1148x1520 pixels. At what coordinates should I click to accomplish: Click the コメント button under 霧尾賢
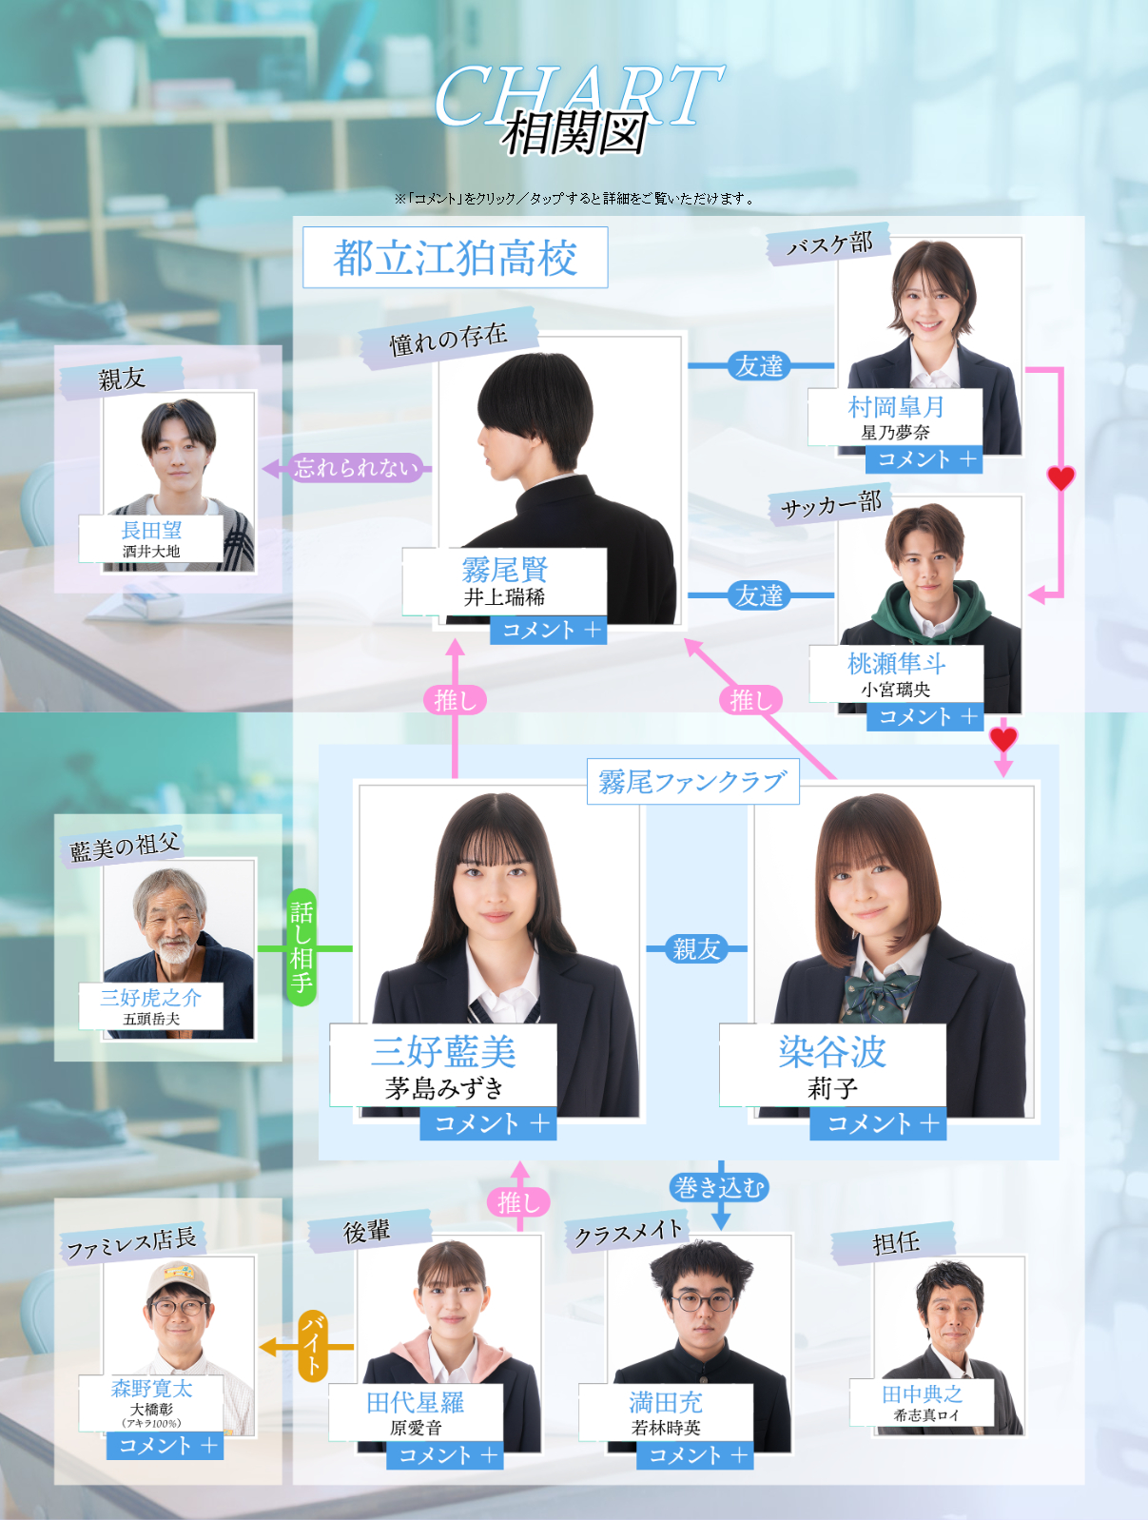coord(548,630)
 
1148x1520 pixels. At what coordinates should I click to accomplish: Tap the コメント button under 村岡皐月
coord(924,459)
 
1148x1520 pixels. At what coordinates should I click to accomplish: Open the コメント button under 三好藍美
coord(488,1123)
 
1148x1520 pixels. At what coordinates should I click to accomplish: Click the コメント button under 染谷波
coord(878,1123)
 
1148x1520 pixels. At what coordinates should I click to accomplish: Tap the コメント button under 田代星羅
coord(444,1455)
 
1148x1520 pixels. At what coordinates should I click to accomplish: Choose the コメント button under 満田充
coord(694,1455)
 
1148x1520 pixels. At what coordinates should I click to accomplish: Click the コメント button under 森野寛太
coord(165,1446)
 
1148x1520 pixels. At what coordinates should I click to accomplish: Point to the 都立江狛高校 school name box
coord(455,258)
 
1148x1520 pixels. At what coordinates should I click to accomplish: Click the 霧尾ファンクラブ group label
coord(692,782)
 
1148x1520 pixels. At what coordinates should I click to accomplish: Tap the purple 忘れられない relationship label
coord(356,467)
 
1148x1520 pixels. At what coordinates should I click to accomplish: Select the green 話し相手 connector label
coord(302,947)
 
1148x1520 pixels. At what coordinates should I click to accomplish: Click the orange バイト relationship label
coord(313,1346)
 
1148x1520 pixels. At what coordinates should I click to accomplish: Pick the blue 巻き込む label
coord(719,1187)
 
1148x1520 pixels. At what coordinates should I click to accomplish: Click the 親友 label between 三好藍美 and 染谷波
coord(696,948)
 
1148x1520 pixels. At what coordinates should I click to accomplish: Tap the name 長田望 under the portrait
coord(151,530)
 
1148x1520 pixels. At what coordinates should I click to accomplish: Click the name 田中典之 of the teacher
coord(922,1394)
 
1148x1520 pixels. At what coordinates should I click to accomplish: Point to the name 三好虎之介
coord(151,997)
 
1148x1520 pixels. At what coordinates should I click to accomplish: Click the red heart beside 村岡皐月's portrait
coord(1060,477)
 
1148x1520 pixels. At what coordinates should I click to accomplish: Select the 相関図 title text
coord(574,134)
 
